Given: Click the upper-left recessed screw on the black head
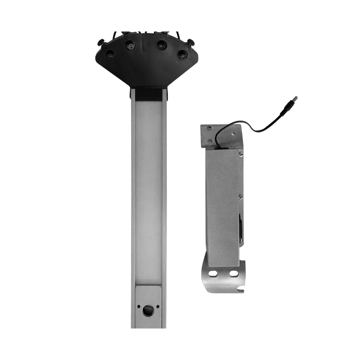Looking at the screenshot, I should tap(130, 45).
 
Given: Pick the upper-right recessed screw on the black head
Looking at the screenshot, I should tap(162, 45).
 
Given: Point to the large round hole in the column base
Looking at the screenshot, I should tap(148, 310).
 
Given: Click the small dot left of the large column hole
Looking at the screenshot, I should tap(139, 307).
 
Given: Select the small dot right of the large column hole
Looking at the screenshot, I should tap(158, 307).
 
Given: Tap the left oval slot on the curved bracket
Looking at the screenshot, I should tap(213, 274).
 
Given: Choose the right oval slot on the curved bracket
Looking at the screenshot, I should tap(234, 274).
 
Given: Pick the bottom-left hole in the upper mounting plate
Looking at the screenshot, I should tap(210, 141).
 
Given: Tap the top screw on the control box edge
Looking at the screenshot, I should tap(241, 154).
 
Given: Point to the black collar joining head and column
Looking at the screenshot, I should tap(149, 94).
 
